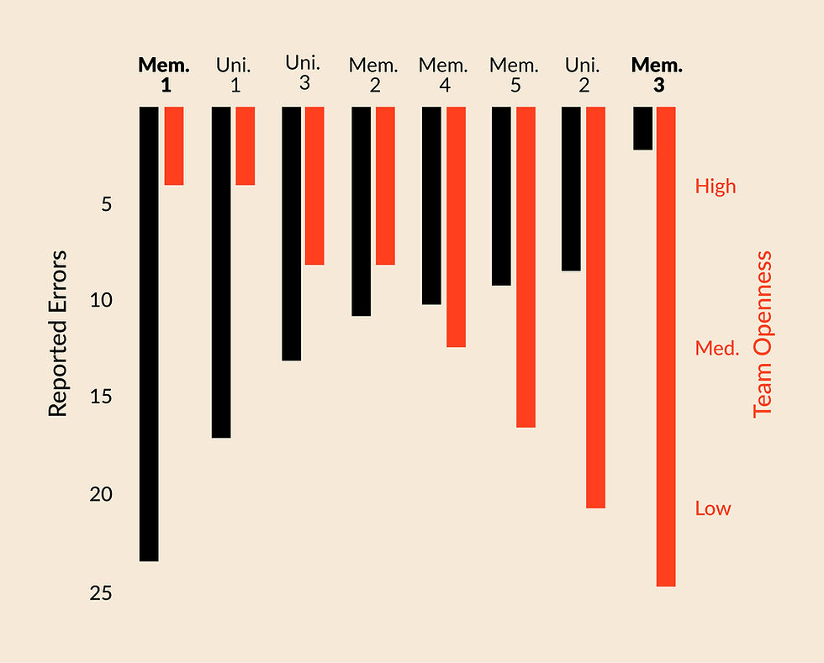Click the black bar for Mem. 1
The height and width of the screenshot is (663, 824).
click(x=149, y=334)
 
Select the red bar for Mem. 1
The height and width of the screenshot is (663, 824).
click(x=174, y=145)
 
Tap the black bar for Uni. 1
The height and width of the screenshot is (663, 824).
click(x=221, y=272)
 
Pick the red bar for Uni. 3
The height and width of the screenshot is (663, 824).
click(x=314, y=186)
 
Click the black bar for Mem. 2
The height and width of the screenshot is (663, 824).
click(x=361, y=211)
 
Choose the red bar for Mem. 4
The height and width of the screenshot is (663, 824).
click(x=456, y=227)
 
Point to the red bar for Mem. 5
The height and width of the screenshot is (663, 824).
click(x=526, y=267)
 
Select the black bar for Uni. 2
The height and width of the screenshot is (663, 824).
click(x=571, y=188)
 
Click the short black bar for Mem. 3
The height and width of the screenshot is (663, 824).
click(x=642, y=128)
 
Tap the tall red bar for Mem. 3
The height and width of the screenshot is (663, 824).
click(x=666, y=346)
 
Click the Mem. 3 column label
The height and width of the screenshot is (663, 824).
click(x=657, y=74)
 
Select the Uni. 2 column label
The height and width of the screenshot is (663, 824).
click(x=583, y=74)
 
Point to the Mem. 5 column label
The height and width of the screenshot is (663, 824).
click(x=514, y=74)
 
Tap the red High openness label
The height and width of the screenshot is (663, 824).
click(x=716, y=186)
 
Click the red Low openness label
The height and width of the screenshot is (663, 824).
click(x=713, y=508)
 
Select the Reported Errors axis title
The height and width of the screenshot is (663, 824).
click(x=57, y=334)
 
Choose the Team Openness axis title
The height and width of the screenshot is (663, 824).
click(x=762, y=334)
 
